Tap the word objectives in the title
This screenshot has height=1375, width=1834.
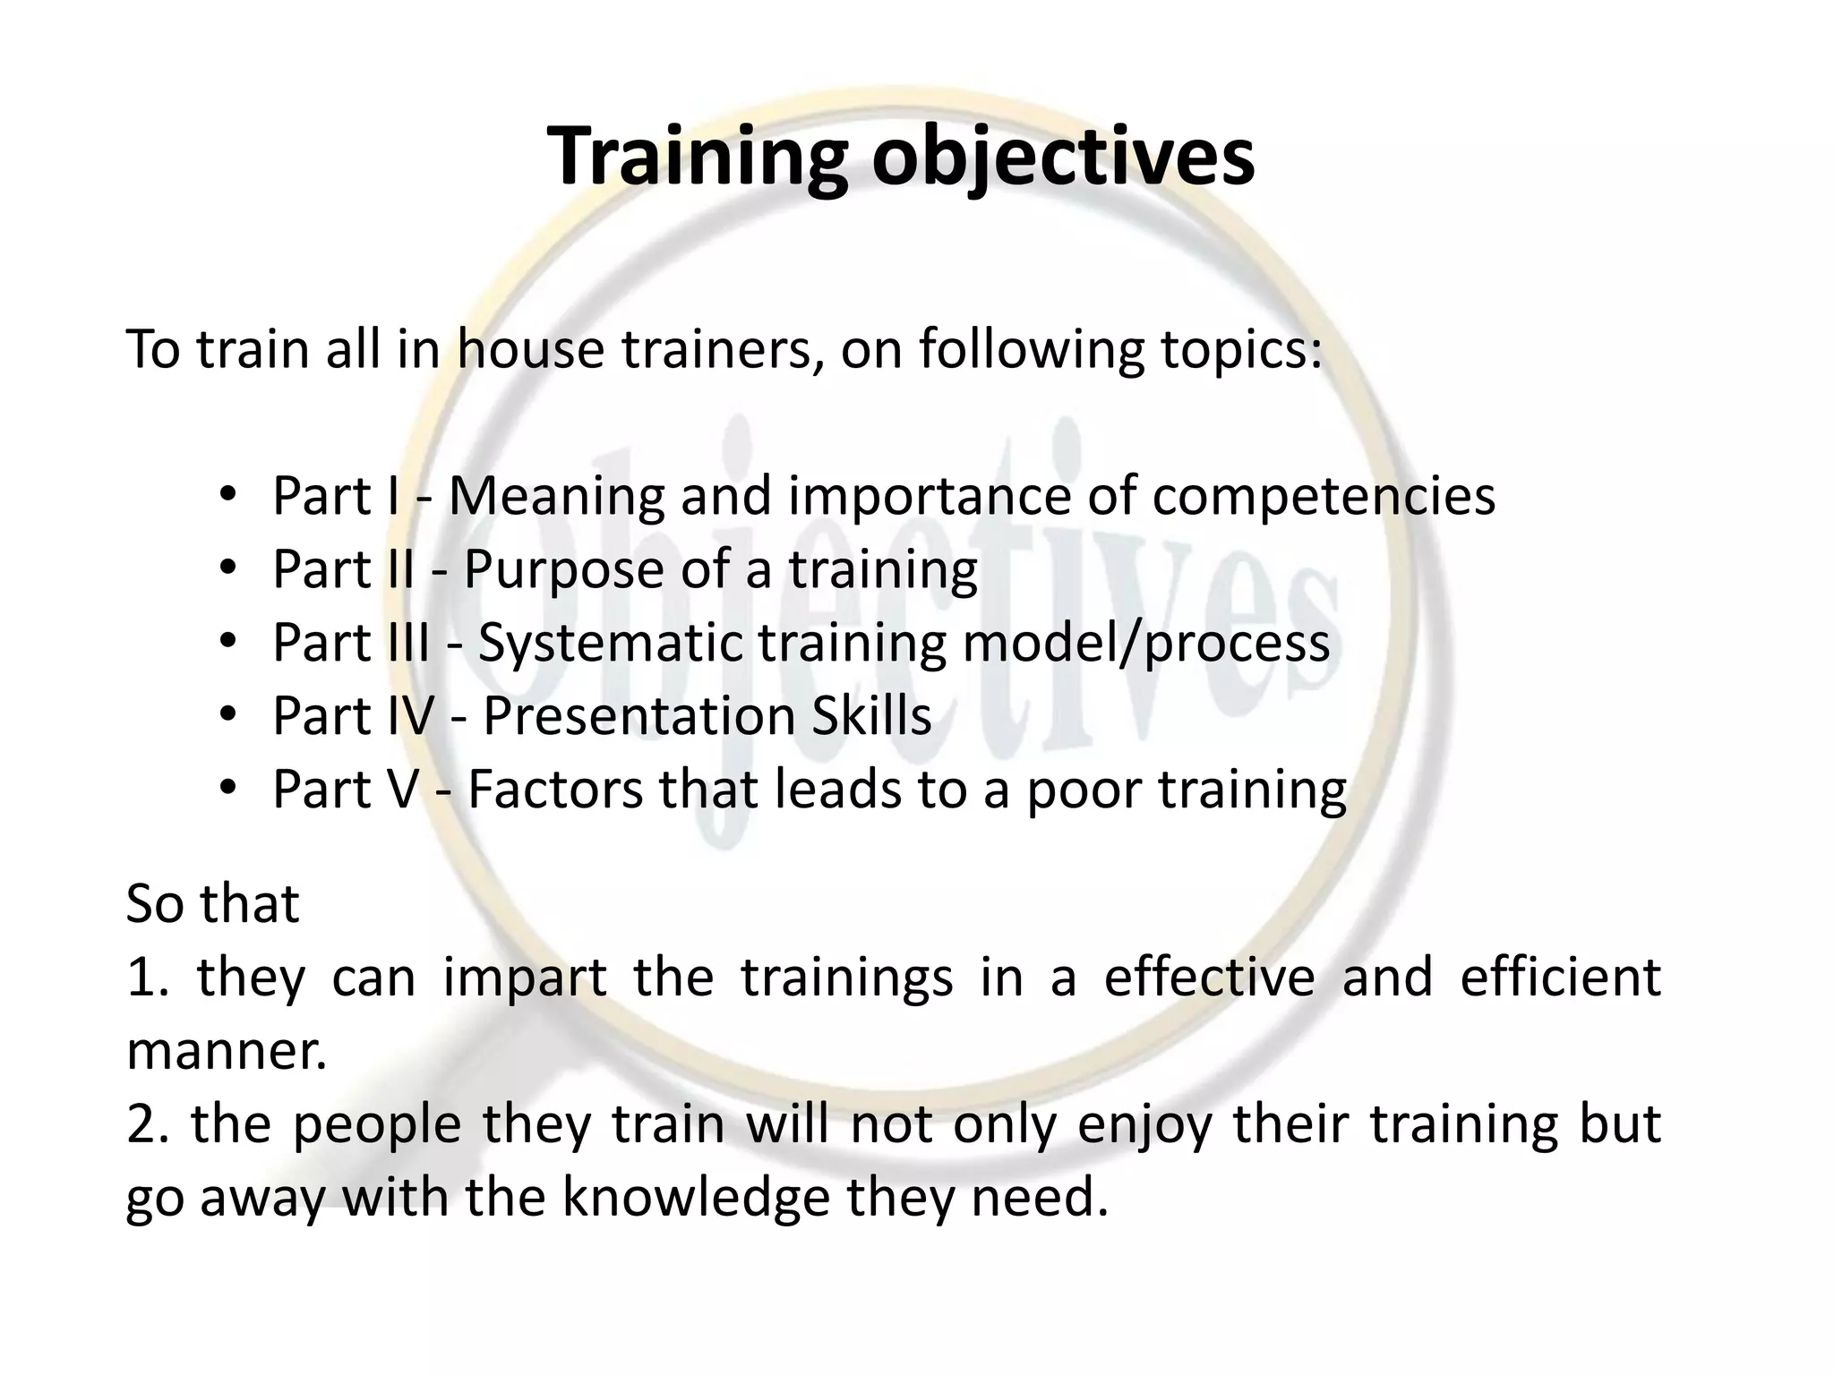click(1063, 157)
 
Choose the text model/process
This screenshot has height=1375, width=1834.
click(1145, 643)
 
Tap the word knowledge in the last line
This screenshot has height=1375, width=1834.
click(696, 1198)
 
